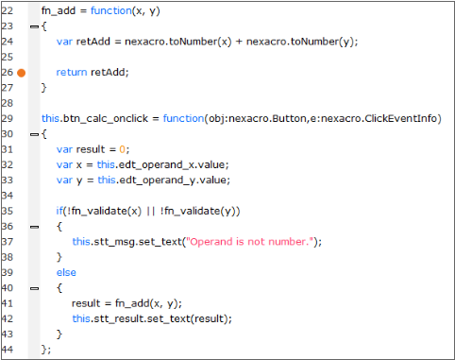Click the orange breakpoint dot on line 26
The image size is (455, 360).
tap(21, 72)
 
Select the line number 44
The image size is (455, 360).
tap(7, 350)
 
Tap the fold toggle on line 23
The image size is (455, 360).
tap(34, 26)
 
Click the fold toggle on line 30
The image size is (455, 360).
tap(34, 134)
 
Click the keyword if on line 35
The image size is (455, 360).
tap(60, 211)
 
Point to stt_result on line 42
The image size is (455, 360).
tap(120, 318)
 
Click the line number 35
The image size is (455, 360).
tap(7, 211)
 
